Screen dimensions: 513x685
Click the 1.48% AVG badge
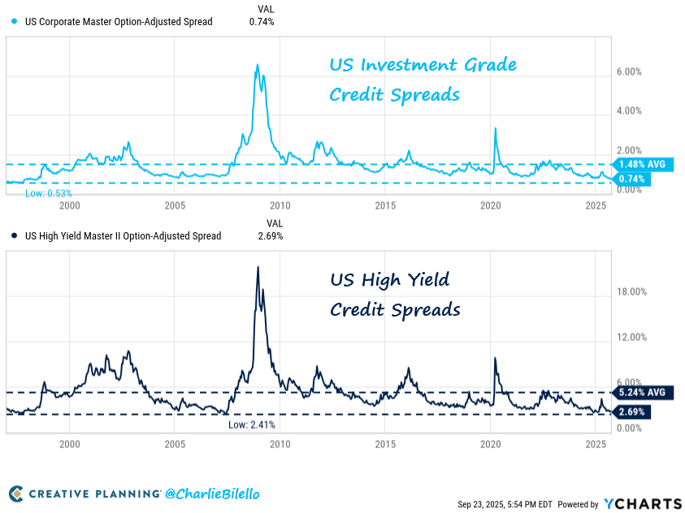640,164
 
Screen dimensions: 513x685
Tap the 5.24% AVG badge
640,393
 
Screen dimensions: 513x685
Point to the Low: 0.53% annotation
49,194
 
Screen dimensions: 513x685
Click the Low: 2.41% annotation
252,425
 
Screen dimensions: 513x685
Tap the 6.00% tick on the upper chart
630,72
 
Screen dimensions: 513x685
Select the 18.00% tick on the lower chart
632,291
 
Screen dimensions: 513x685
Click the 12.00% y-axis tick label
632,337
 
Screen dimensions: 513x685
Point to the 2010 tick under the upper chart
280,206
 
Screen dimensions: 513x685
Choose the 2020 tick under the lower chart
491,445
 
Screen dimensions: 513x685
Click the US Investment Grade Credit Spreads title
423,80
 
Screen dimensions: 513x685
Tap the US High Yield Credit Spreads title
395,295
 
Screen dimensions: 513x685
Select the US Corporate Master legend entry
113,22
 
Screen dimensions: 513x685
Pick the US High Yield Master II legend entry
117,236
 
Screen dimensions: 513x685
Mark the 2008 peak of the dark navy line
258,267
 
